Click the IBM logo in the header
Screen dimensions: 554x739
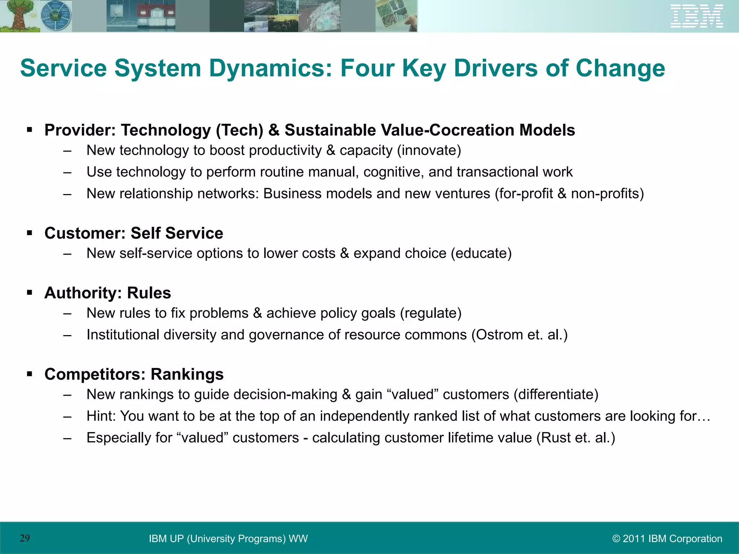pos(696,16)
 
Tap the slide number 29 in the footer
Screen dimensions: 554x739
pos(25,538)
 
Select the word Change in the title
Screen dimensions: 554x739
pos(620,69)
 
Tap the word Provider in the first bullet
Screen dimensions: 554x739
pos(80,130)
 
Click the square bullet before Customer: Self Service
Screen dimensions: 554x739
pos(30,233)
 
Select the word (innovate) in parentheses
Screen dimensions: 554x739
pos(429,150)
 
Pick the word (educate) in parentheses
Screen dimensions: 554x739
pos(481,254)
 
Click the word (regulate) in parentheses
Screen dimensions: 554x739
pos(430,313)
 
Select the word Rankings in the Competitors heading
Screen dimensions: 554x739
pos(187,374)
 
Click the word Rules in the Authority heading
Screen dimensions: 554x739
pos(149,293)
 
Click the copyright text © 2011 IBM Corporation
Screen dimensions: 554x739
pos(667,538)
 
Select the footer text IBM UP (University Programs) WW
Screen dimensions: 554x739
pos(228,538)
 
